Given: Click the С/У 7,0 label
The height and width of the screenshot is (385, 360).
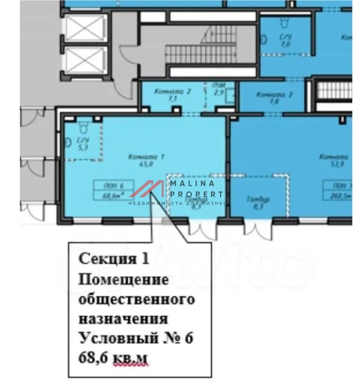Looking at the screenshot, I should [x=285, y=39].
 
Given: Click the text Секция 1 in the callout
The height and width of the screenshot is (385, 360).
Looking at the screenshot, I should [x=114, y=259].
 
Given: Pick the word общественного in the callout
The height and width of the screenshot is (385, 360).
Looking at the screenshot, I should [x=136, y=298].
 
